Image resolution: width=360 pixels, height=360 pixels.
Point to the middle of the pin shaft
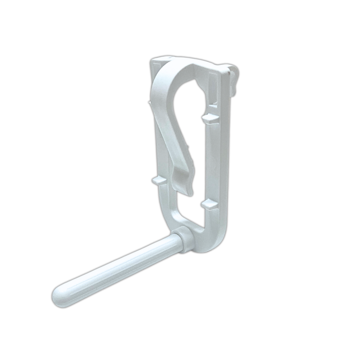coord(120,267)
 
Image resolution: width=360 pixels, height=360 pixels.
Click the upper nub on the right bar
coord(210,118)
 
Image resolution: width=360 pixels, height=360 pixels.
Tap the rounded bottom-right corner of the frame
coord(220,243)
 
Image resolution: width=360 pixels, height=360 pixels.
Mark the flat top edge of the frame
coord(190,58)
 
